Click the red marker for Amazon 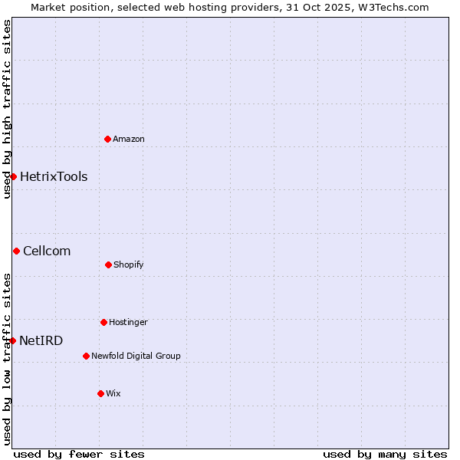(108, 139)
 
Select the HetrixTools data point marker (13, 176)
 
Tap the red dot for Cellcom (16, 251)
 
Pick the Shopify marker (108, 264)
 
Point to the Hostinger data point (103, 322)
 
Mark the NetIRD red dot (12, 340)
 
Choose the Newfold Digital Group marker (86, 356)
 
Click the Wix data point (100, 393)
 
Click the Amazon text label (129, 139)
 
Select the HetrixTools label (54, 176)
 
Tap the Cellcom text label (47, 251)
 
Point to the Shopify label (129, 264)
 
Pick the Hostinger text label (128, 322)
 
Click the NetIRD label (41, 340)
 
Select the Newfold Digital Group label (136, 356)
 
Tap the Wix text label (113, 393)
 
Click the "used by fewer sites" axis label (79, 454)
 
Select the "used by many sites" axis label (385, 454)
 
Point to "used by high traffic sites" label (7, 109)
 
